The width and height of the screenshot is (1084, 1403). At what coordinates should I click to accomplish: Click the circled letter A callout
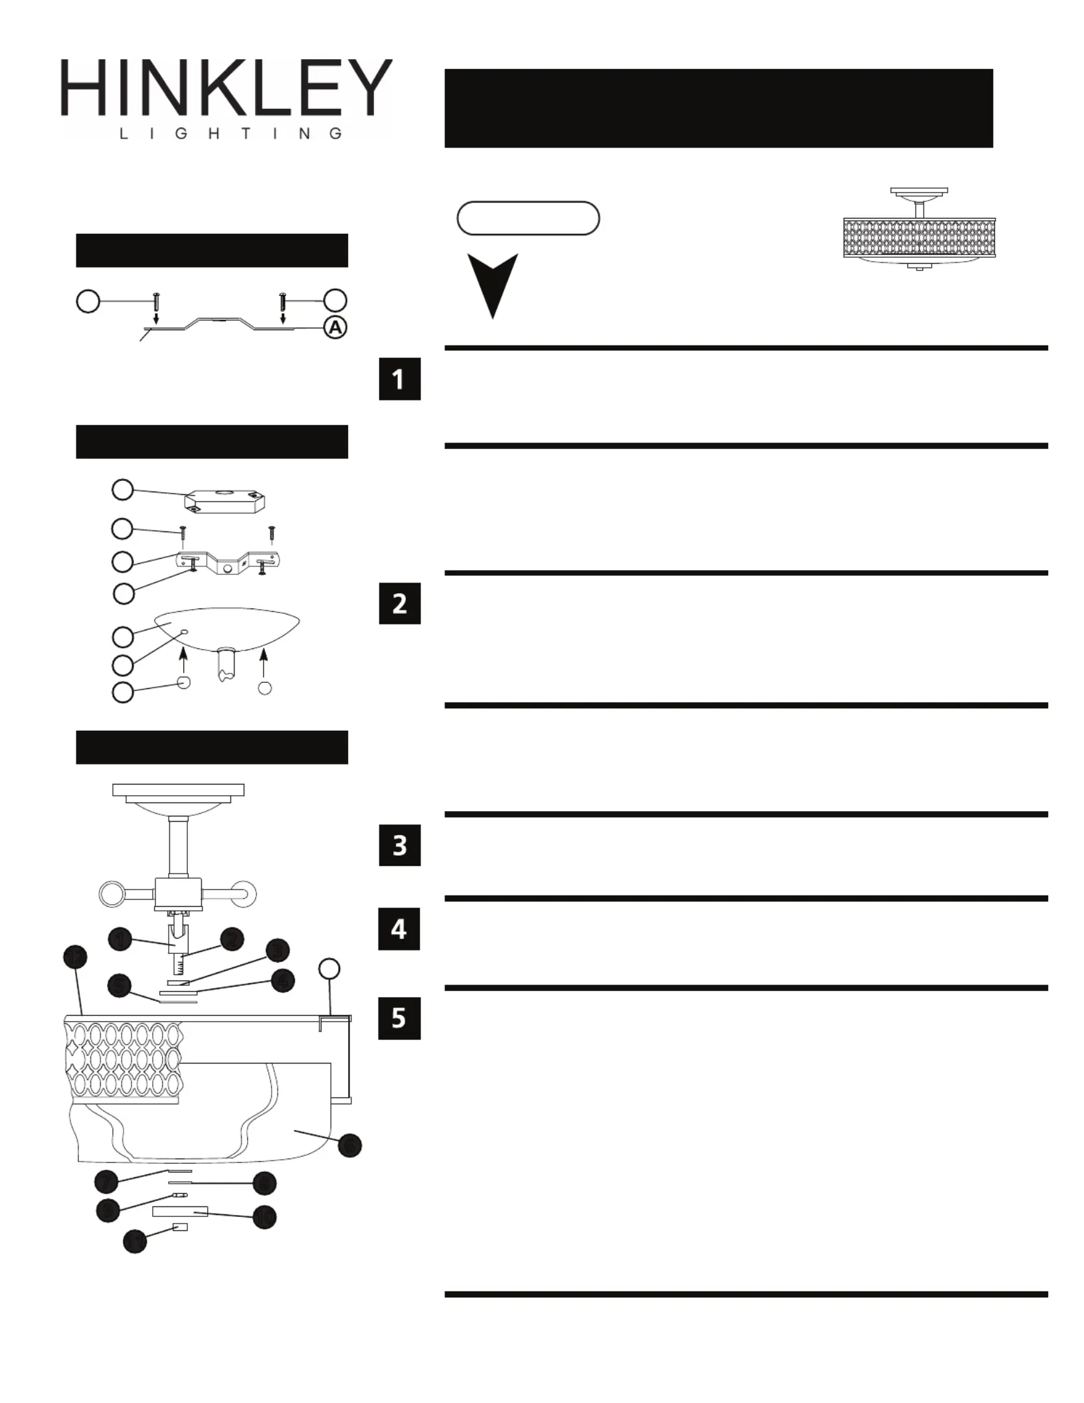coord(336,327)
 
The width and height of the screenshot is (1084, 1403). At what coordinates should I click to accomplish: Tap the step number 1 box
coord(399,379)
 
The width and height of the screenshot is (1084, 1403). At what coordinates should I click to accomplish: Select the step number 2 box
coord(399,603)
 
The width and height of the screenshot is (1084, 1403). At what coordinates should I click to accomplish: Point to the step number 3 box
coord(399,845)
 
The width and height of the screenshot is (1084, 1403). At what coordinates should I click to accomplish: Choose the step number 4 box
coord(399,929)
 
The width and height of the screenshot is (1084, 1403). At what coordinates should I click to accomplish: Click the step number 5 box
coord(399,1018)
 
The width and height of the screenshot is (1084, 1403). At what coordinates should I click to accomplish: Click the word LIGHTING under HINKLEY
coord(230,134)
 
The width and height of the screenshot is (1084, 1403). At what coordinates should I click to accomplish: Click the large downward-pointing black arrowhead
coord(492,284)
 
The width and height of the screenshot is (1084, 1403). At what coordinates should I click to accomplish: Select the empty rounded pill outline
coord(528,219)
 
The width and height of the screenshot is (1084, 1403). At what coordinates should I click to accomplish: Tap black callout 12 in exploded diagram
coord(75,957)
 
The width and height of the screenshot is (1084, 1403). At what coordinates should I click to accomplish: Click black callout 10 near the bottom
coord(264,1217)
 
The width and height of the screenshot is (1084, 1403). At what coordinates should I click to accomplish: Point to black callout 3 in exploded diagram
coord(278,951)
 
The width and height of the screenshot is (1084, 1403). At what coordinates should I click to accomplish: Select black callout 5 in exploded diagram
coord(119,985)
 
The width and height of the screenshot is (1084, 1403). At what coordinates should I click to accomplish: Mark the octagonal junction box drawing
coord(225,502)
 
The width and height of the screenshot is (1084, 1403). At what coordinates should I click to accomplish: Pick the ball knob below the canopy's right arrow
coord(264,688)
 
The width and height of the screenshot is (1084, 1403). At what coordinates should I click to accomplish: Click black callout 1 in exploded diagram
coord(120,939)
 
